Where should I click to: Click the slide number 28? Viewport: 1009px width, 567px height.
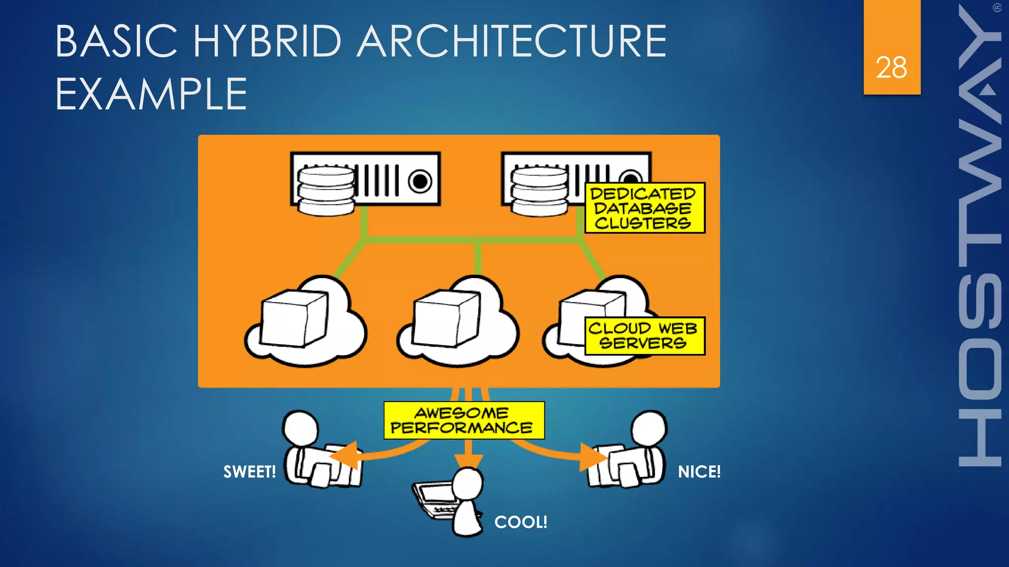point(891,67)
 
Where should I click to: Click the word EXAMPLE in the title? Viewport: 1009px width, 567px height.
point(151,94)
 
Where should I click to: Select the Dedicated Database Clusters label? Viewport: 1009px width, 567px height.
point(644,208)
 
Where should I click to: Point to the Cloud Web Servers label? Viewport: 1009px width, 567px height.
point(644,336)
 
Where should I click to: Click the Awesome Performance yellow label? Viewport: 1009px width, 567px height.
point(464,420)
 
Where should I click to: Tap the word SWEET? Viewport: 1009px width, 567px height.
point(249,472)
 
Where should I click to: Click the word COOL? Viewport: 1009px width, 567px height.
point(521,522)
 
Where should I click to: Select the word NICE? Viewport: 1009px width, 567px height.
point(699,472)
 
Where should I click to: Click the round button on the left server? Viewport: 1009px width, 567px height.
point(420,181)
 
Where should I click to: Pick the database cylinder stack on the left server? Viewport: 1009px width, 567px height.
point(326,190)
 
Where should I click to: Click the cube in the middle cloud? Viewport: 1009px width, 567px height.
point(446,318)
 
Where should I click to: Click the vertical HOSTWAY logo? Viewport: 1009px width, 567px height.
point(979,236)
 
